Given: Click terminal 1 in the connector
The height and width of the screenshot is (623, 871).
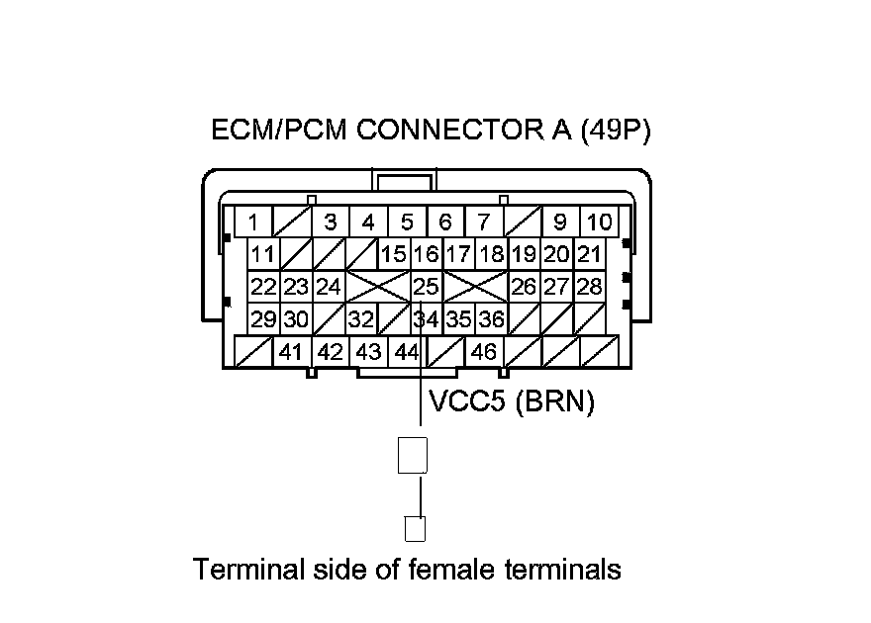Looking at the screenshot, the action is [x=253, y=222].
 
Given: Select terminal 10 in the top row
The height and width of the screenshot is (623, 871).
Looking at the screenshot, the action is [x=599, y=222].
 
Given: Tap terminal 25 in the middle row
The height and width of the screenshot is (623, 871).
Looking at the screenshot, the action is [x=426, y=286].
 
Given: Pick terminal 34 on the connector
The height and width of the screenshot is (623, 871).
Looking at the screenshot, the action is [x=426, y=319].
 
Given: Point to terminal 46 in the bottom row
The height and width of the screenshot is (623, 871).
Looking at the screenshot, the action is [x=483, y=352].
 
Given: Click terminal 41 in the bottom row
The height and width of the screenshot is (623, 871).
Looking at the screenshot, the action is [x=292, y=352].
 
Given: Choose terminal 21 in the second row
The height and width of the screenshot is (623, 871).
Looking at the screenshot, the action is [x=589, y=254].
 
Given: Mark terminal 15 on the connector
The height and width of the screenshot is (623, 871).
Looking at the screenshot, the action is [x=394, y=254].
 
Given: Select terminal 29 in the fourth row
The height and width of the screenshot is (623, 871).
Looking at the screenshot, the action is [x=263, y=319].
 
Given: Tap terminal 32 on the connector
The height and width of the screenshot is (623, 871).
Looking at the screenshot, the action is [x=361, y=319].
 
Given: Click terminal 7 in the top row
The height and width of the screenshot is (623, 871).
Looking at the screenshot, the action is [x=484, y=222].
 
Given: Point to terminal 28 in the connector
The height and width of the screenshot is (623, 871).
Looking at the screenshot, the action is [x=589, y=286].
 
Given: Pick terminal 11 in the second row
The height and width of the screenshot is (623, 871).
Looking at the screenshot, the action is [x=263, y=254].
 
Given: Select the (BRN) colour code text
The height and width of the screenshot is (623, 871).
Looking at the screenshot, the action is [x=555, y=400].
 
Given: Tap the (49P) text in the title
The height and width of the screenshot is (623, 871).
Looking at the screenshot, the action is [x=616, y=131].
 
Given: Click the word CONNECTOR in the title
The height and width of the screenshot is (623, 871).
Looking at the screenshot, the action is [x=448, y=130].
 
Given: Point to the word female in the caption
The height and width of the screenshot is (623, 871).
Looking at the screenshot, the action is [x=450, y=570].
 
